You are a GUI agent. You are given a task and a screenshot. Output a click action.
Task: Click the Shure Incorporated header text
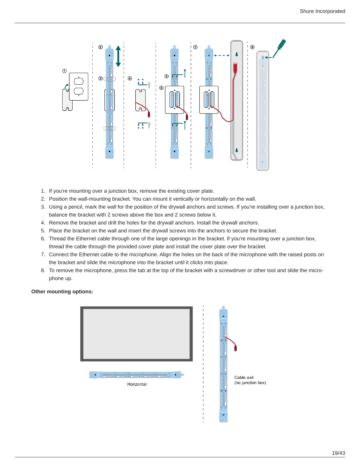[322, 11]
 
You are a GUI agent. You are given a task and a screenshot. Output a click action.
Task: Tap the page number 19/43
[338, 453]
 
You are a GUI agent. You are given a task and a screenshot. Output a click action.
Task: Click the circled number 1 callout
[64, 71]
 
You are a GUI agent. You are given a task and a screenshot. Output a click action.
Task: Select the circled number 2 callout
[101, 47]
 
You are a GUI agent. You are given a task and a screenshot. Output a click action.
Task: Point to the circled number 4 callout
[130, 78]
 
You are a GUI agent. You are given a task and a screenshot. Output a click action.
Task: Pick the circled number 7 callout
[195, 47]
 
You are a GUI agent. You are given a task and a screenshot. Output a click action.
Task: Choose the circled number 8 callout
[252, 47]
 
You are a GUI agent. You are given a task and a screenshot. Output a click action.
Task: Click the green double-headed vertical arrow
[118, 56]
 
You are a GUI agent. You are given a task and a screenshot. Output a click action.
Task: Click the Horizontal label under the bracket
[137, 384]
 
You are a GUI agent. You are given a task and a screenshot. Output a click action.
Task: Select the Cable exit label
[244, 377]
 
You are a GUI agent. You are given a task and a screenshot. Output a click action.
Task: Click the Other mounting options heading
[62, 292]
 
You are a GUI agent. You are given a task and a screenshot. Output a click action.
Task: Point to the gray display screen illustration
[136, 334]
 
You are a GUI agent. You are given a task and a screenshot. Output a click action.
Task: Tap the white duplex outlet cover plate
[79, 86]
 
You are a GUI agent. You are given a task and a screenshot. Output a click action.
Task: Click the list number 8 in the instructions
[43, 270]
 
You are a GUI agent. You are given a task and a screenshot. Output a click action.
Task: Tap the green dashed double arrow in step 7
[222, 55]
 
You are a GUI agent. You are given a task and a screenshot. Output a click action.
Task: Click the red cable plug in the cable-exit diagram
[236, 348]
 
